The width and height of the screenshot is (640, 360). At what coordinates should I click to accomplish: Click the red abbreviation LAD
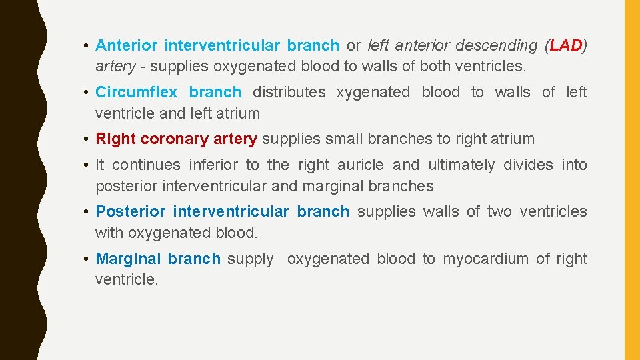point(566,46)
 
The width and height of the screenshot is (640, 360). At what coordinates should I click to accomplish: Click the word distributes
point(289,92)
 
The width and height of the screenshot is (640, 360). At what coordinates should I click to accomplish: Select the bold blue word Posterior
point(130,211)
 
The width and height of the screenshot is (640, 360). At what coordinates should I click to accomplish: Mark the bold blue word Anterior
point(126,46)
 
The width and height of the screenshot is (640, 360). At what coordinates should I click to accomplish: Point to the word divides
point(529,165)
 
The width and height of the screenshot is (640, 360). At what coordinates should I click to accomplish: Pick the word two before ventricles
point(499,211)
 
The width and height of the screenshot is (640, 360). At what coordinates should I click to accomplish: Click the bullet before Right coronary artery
point(87,139)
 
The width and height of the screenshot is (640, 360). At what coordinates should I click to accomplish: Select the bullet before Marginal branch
point(87,259)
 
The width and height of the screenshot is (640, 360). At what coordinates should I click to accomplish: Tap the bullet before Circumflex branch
point(87,92)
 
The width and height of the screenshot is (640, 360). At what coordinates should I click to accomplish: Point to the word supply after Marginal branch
point(250,259)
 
